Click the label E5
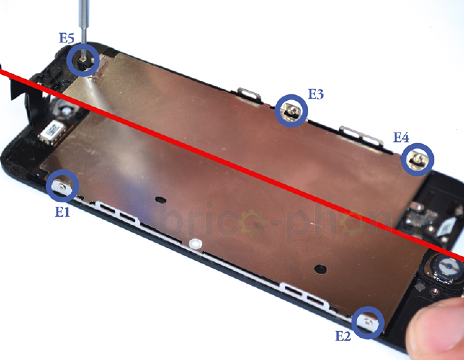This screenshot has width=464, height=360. tap(67, 39)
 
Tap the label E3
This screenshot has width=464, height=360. tap(316, 94)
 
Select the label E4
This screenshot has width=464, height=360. tap(401, 137)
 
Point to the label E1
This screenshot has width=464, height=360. tap(62, 212)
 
